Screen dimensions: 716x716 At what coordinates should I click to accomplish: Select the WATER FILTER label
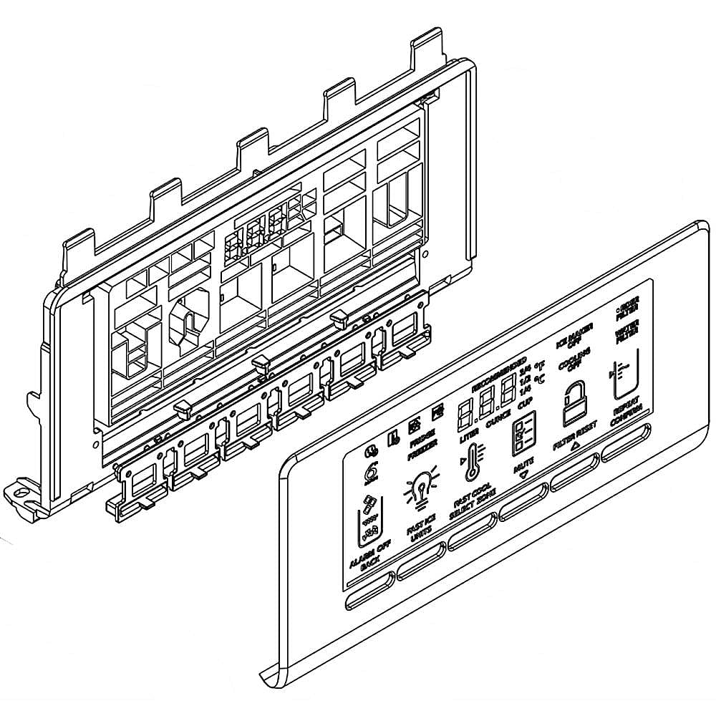click(x=624, y=337)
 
